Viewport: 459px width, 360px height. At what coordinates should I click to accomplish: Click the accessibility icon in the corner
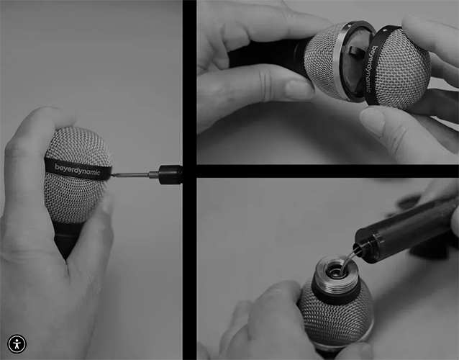(17, 343)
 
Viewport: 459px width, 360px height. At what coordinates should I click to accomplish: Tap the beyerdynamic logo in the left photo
(78, 168)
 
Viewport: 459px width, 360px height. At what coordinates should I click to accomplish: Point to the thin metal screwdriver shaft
(130, 174)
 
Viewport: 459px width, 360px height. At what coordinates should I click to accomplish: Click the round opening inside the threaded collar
(335, 271)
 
